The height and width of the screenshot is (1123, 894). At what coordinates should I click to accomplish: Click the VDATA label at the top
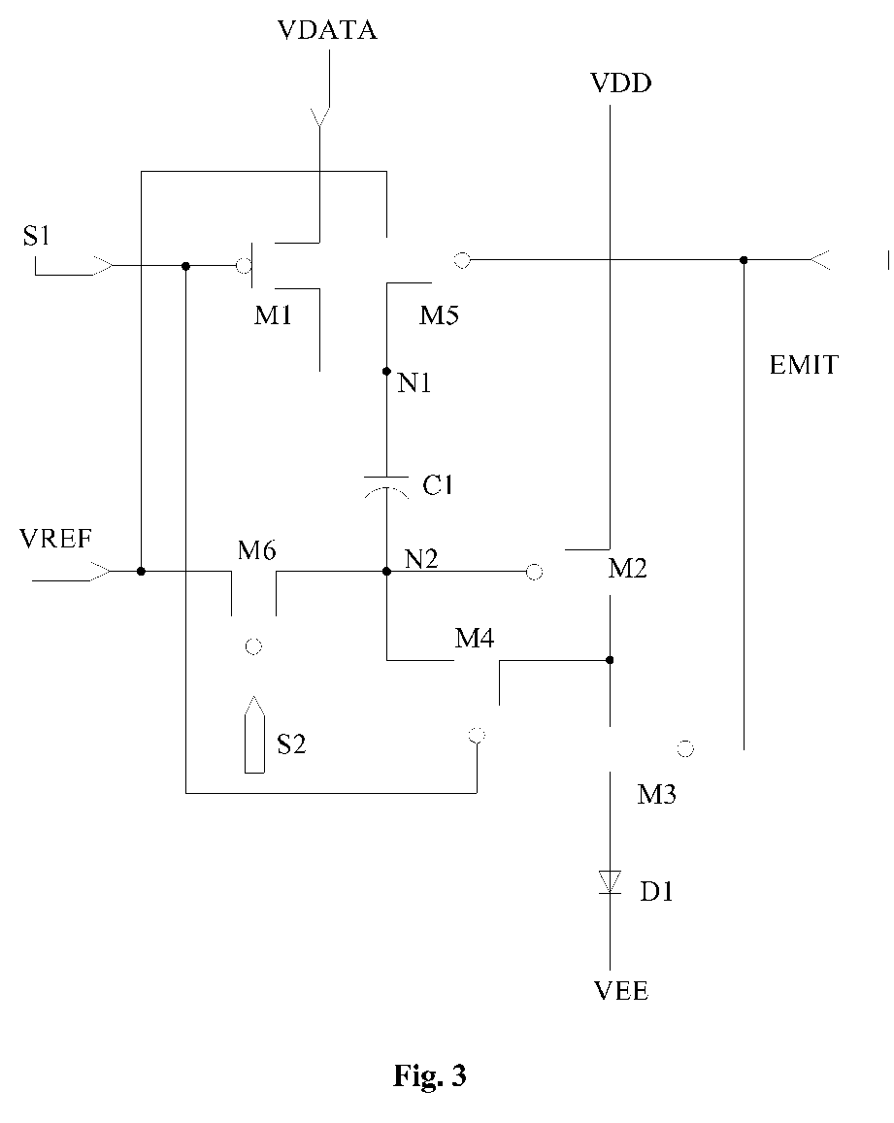pos(327,30)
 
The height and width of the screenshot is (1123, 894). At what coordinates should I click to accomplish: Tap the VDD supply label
pos(620,83)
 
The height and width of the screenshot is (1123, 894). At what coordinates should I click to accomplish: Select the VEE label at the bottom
pos(621,991)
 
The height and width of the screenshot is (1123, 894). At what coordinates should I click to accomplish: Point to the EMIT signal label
pos(803,365)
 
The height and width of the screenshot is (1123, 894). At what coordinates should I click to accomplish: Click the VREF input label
pos(56,539)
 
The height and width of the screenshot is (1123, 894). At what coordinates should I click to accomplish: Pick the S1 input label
pos(37,236)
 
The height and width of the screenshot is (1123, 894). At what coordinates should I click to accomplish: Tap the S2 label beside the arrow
pos(291,744)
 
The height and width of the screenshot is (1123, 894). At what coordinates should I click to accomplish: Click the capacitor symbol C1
pos(386,486)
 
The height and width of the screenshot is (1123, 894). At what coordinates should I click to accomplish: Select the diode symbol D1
pos(611,881)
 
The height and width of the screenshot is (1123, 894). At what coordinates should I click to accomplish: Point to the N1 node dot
pos(387,371)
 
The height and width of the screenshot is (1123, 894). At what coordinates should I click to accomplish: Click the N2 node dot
pos(387,572)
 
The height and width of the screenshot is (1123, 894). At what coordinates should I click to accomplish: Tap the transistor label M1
pos(273,315)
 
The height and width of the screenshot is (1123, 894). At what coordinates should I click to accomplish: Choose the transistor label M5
pos(439,315)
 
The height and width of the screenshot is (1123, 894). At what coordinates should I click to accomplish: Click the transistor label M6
pos(257,550)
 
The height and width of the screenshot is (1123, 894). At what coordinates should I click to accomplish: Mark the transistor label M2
pos(627,569)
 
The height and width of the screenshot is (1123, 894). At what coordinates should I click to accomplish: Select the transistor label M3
pos(657,794)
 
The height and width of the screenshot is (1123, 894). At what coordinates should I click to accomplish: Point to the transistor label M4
pos(475,638)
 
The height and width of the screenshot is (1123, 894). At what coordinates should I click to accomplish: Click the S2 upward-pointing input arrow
pos(254,734)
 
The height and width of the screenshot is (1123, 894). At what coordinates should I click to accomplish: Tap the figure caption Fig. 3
pos(430,1075)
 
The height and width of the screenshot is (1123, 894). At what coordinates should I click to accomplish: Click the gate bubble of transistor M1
pos(244,266)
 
